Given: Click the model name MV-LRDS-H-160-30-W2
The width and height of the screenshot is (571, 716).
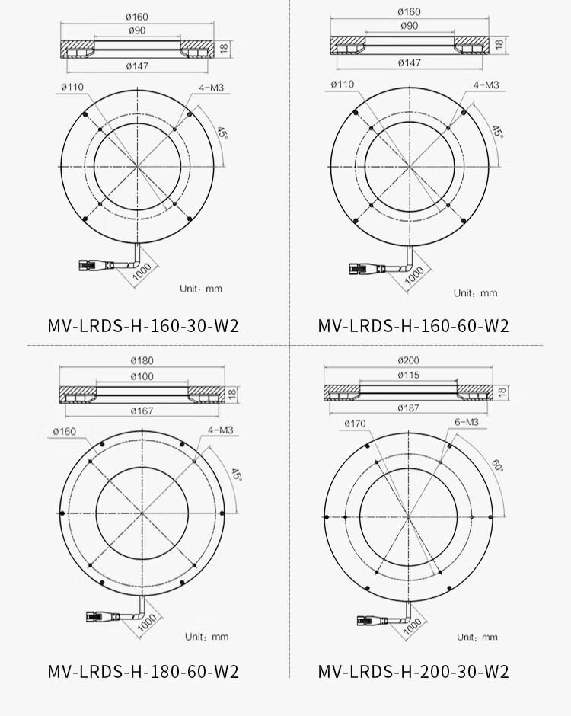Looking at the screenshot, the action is point(143,325).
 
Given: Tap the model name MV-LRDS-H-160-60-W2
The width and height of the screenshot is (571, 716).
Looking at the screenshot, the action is point(413,325).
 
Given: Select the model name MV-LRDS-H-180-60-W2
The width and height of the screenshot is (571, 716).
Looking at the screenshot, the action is point(143,671).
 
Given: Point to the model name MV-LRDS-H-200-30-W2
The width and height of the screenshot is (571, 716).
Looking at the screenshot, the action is point(413,671).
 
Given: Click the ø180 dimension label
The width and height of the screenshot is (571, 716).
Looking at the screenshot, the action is point(142,360).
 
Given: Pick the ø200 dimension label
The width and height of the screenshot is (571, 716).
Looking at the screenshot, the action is point(408,360).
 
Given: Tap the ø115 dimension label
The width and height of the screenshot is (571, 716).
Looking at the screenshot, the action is point(408,375).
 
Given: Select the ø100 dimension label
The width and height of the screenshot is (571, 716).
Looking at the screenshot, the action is point(142,376).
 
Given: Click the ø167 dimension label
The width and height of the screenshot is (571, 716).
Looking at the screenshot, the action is point(142,411).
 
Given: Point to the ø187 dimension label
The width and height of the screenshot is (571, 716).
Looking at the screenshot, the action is point(408,408).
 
